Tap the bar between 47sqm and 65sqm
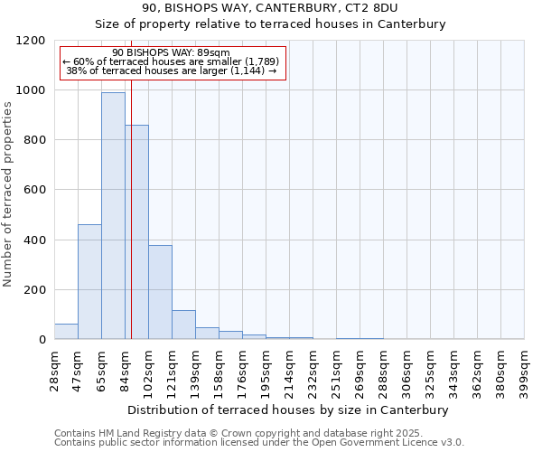tap(89, 281)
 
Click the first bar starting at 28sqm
tap(66, 331)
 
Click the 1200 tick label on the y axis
tap(31, 41)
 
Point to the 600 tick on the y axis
tap(34, 190)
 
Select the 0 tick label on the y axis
tap(42, 340)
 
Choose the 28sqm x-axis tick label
tap(54, 366)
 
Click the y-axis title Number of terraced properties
tap(8, 194)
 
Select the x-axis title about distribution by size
tap(289, 410)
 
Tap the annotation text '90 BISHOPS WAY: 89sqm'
tap(172, 52)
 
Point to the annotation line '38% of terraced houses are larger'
tap(172, 71)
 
